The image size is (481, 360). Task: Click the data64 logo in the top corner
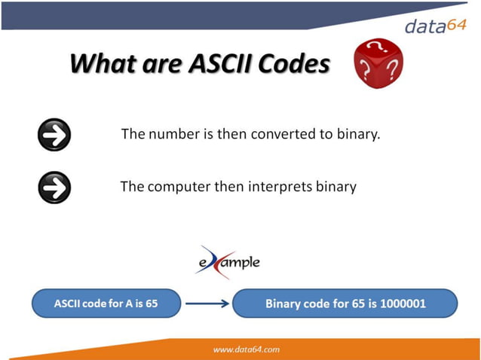437,26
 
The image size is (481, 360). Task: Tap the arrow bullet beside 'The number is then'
54,136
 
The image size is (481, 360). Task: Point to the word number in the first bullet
170,135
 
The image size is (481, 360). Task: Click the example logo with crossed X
227,262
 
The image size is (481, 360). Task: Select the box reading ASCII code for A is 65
106,304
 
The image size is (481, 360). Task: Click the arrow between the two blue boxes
207,304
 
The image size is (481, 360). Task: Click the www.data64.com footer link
247,349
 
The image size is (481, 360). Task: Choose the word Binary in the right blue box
284,304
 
